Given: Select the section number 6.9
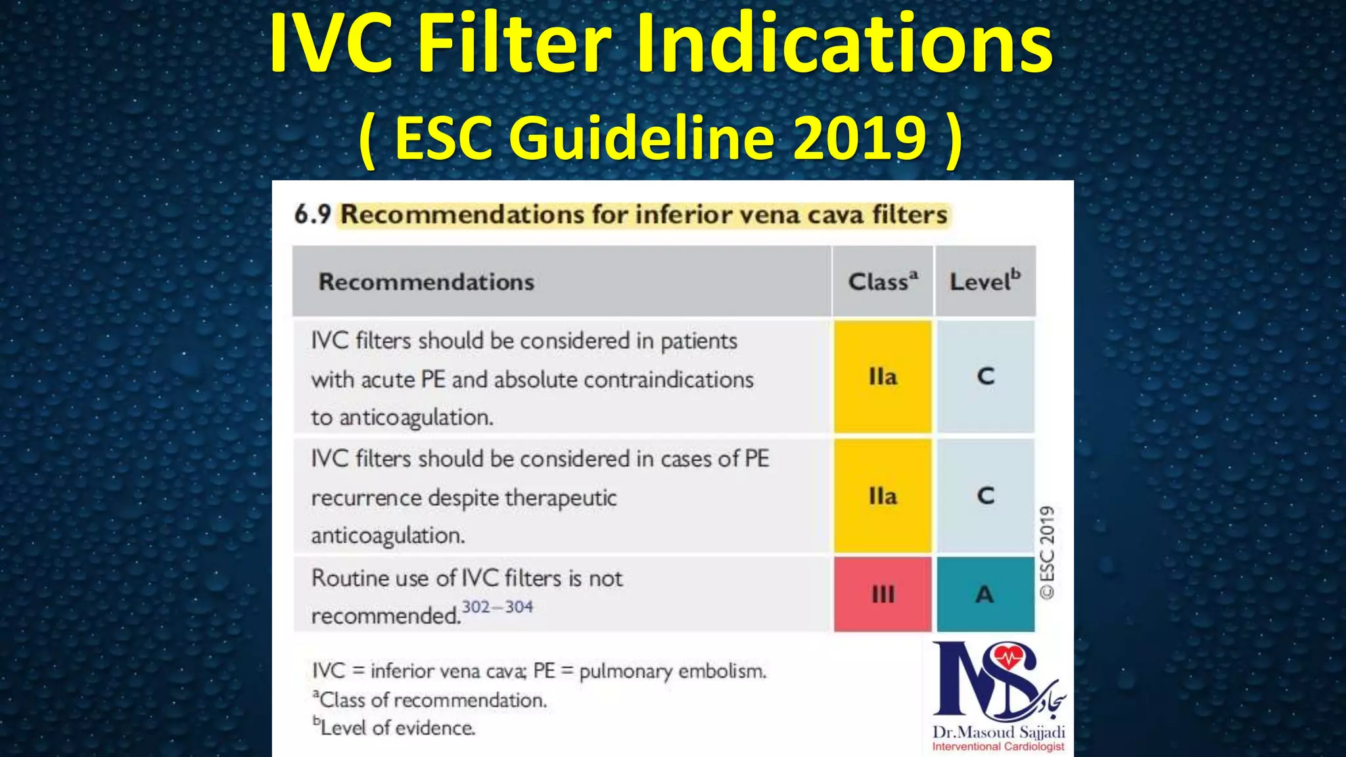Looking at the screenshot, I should (312, 214).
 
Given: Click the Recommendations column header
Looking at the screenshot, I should (427, 282).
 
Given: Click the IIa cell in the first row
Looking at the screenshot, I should (883, 377).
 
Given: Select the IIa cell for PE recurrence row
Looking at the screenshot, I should (883, 496).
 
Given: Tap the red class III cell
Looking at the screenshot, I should (883, 594).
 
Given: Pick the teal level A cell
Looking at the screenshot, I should (985, 594).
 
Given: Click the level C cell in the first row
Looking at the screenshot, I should (985, 377).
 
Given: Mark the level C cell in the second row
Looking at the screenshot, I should (985, 496).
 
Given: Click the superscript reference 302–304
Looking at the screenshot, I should (498, 607).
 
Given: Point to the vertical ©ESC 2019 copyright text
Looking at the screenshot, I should (1047, 552).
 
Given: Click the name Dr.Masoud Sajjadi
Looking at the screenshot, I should (998, 732).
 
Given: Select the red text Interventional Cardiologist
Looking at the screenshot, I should (998, 747).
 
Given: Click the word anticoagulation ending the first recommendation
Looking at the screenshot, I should (415, 418).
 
